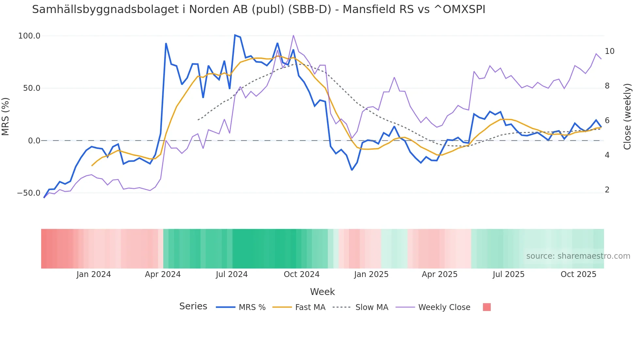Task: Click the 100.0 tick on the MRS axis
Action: [29, 36]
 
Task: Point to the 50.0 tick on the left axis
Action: [31, 88]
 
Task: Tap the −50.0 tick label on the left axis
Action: [29, 193]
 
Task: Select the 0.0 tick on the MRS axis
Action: [34, 141]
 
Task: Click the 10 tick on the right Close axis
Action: [609, 51]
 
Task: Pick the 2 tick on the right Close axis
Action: [607, 190]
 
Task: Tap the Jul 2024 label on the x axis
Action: [232, 274]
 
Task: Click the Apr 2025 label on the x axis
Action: [440, 274]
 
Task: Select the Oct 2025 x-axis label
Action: [578, 274]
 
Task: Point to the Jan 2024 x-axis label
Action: [94, 274]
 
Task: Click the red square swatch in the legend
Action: [487, 307]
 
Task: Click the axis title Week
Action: [322, 292]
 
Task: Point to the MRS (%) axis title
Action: [6, 117]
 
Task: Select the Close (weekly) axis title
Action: [627, 117]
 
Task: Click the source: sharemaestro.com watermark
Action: [578, 256]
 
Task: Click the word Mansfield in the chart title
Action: [369, 9]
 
